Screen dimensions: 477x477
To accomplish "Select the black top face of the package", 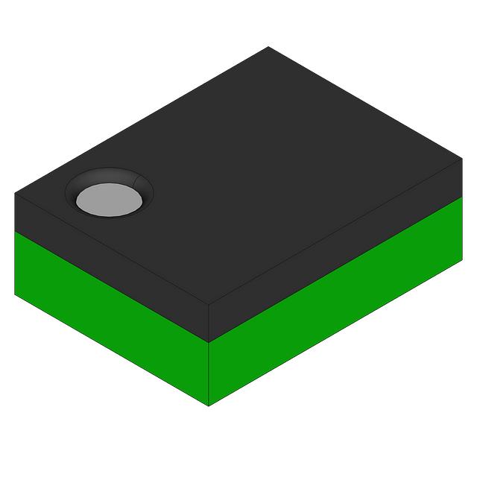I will [268, 164].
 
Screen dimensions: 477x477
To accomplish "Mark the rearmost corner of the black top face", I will [268, 46].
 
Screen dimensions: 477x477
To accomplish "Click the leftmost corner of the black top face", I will [15, 194].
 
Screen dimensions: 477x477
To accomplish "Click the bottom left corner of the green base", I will [15, 294].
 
